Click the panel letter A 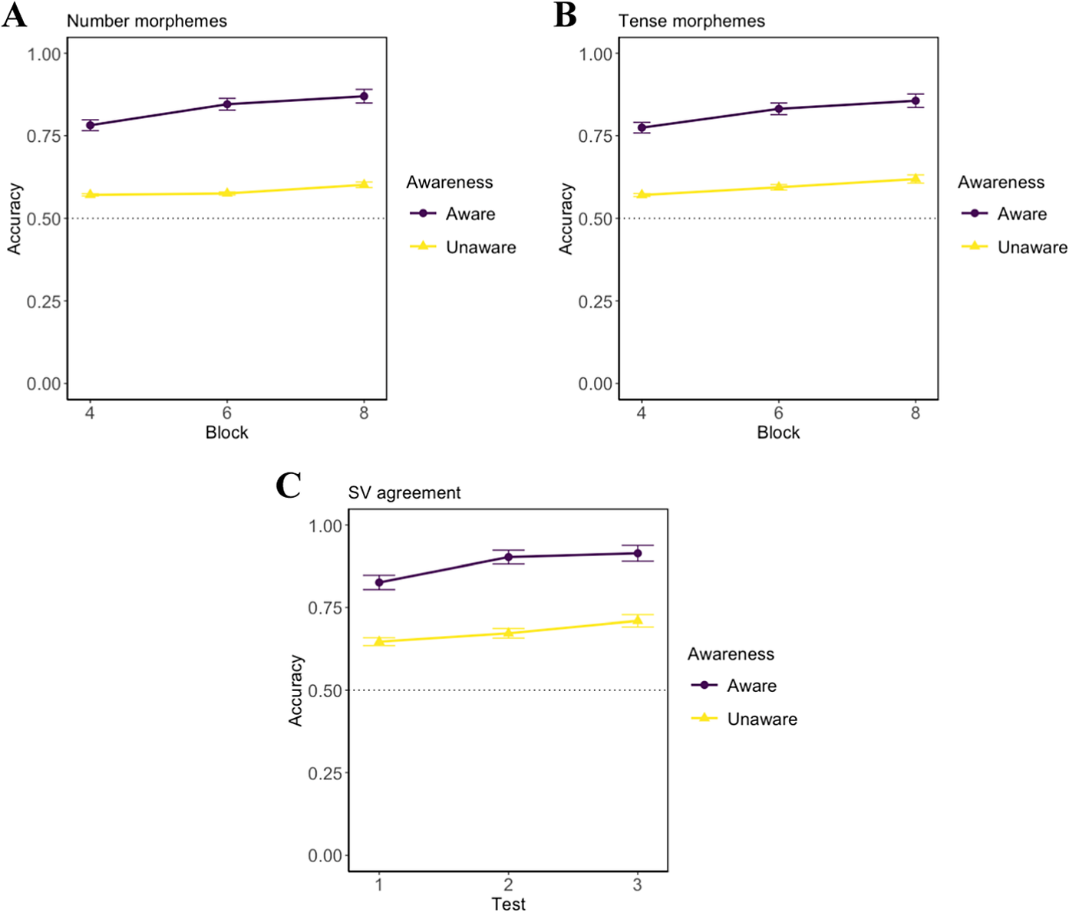(15, 15)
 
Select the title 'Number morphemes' (147, 21)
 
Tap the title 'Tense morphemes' (691, 21)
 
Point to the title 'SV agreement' (404, 493)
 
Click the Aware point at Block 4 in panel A (91, 125)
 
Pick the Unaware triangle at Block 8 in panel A (364, 184)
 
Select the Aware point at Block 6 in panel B (779, 109)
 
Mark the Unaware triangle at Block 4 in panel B (642, 195)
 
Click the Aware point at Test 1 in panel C (379, 582)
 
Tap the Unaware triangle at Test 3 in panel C (637, 621)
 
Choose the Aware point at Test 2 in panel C (508, 557)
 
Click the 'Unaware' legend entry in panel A (480, 247)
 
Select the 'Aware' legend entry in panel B (1021, 214)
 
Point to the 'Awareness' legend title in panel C (731, 654)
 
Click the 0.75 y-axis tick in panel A (44, 137)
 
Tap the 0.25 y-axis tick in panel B (595, 301)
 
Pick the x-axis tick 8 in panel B (915, 413)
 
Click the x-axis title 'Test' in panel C (508, 904)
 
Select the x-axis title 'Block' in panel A (226, 433)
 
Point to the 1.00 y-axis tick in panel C (325, 526)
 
